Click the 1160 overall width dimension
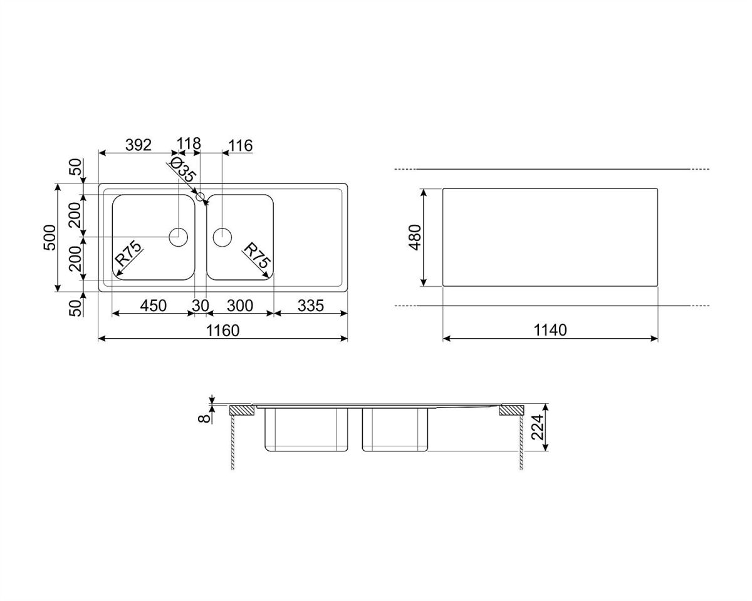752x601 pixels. coord(222,331)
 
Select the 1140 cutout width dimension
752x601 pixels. coord(550,331)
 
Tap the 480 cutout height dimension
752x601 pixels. coord(415,237)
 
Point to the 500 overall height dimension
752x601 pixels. coord(50,237)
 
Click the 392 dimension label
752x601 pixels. coord(138,145)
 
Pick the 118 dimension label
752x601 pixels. coord(189,143)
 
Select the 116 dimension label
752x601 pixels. coord(240,145)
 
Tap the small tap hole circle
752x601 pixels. coord(201,197)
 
